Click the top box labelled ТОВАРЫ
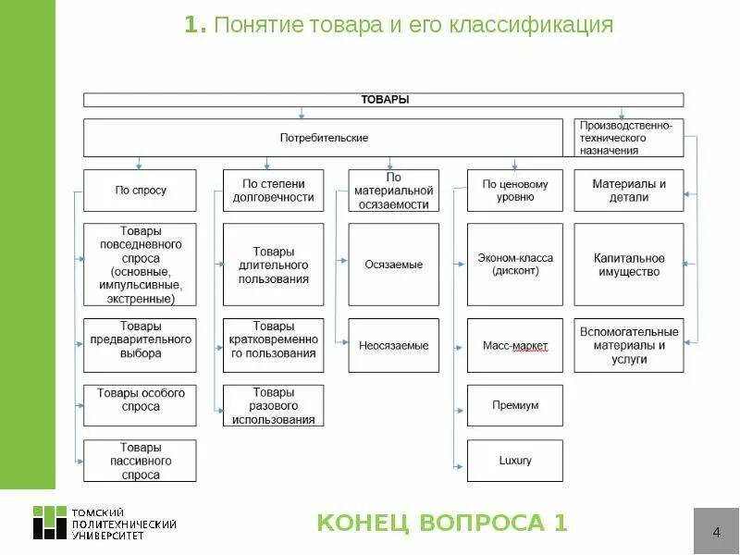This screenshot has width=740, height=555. tap(383, 99)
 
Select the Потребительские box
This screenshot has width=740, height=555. tap(324, 138)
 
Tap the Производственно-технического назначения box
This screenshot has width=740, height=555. tap(629, 137)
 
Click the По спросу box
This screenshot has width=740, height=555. tap(141, 191)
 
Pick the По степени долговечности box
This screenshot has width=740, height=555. tap(273, 191)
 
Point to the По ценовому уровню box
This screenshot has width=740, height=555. tap(515, 191)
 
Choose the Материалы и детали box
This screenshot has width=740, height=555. tap(629, 191)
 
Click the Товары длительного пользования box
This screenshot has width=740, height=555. tap(273, 265)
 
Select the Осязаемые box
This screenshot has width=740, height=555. tap(393, 265)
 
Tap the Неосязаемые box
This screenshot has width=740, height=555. tap(393, 345)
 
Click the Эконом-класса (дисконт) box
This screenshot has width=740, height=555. tap(515, 265)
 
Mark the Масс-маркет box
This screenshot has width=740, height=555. tap(515, 345)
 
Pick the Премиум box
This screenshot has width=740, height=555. tap(515, 405)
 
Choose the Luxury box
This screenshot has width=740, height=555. tap(515, 461)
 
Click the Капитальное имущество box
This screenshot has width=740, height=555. tap(629, 265)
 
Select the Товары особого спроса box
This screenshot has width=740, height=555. tap(141, 400)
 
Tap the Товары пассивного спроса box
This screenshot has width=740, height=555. tap(141, 461)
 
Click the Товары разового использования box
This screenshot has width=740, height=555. tap(273, 405)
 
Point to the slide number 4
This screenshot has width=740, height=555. tap(716, 532)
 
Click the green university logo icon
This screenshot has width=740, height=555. tap(50, 523)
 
